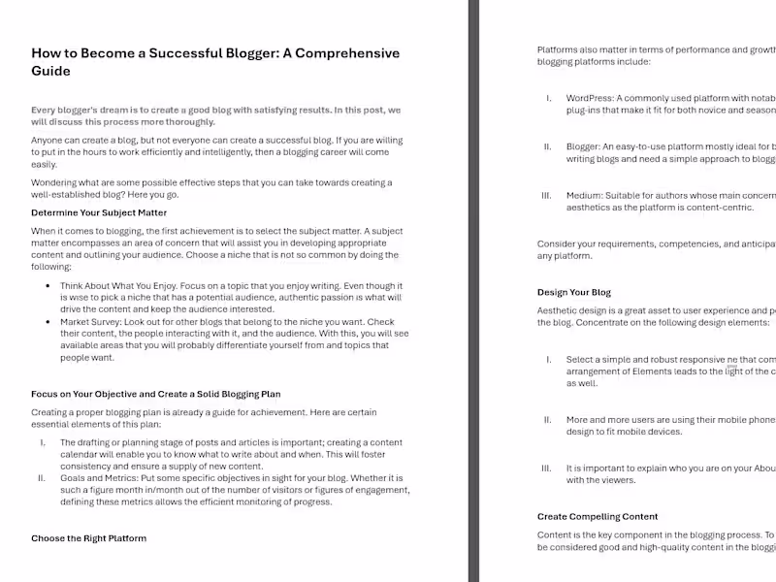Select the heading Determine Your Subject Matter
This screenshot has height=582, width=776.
point(99,212)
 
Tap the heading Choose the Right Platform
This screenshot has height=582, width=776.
point(88,537)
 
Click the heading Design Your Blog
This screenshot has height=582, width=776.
point(574,292)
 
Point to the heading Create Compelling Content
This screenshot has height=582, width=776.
point(598,516)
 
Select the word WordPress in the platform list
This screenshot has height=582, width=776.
point(590,98)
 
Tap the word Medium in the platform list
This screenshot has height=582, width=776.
point(586,195)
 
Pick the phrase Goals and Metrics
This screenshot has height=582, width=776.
point(102,478)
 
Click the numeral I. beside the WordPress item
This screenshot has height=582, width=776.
point(548,98)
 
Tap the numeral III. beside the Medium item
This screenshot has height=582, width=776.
point(546,195)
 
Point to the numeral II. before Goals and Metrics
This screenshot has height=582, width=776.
point(42,478)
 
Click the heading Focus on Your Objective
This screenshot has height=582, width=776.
point(155,394)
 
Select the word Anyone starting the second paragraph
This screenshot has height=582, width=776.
point(49,141)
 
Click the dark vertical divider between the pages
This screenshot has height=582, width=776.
point(473,291)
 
